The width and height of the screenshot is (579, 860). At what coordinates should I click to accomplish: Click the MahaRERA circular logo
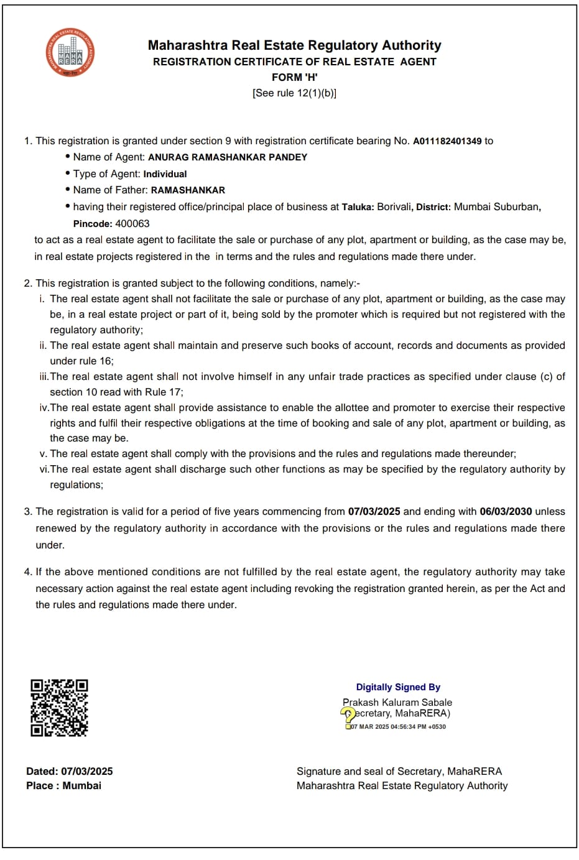pos(70,53)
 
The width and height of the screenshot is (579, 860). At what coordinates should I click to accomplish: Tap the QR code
pos(60,708)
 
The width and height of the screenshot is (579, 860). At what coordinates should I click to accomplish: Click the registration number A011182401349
pos(447,141)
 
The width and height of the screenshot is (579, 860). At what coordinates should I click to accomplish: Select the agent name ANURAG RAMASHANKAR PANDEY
pos(228,157)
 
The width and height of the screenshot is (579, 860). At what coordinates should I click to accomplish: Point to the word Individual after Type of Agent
pos(165,174)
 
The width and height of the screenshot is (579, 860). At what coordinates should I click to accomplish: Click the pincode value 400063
pos(132,224)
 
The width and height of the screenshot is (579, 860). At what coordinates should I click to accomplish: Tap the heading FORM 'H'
pos(294,77)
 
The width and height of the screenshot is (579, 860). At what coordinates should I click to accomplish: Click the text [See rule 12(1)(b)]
pos(294,93)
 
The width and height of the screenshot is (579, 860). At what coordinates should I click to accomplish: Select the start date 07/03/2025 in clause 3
pos(374,512)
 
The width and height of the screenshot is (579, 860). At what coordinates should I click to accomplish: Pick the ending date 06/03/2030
pos(506,512)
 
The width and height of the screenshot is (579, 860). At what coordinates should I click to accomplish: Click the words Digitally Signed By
pos(398,687)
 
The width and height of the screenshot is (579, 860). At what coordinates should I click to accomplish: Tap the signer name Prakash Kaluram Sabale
pos(397,702)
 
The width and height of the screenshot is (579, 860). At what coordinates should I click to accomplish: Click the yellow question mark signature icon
pos(348,715)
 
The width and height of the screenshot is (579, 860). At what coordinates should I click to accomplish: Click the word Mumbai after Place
pos(81,786)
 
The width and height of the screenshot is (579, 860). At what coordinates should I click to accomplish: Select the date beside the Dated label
pos(87,772)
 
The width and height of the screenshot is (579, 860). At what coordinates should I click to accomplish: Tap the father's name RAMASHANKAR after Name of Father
pos(188,190)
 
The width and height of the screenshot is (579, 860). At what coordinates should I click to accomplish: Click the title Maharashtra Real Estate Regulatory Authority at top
pos(294,45)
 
